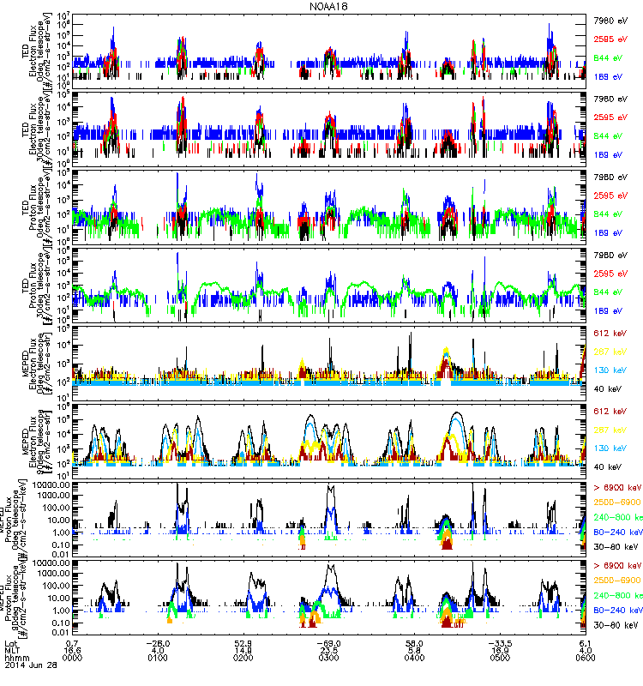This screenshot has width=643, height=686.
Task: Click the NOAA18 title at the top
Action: click(321, 6)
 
